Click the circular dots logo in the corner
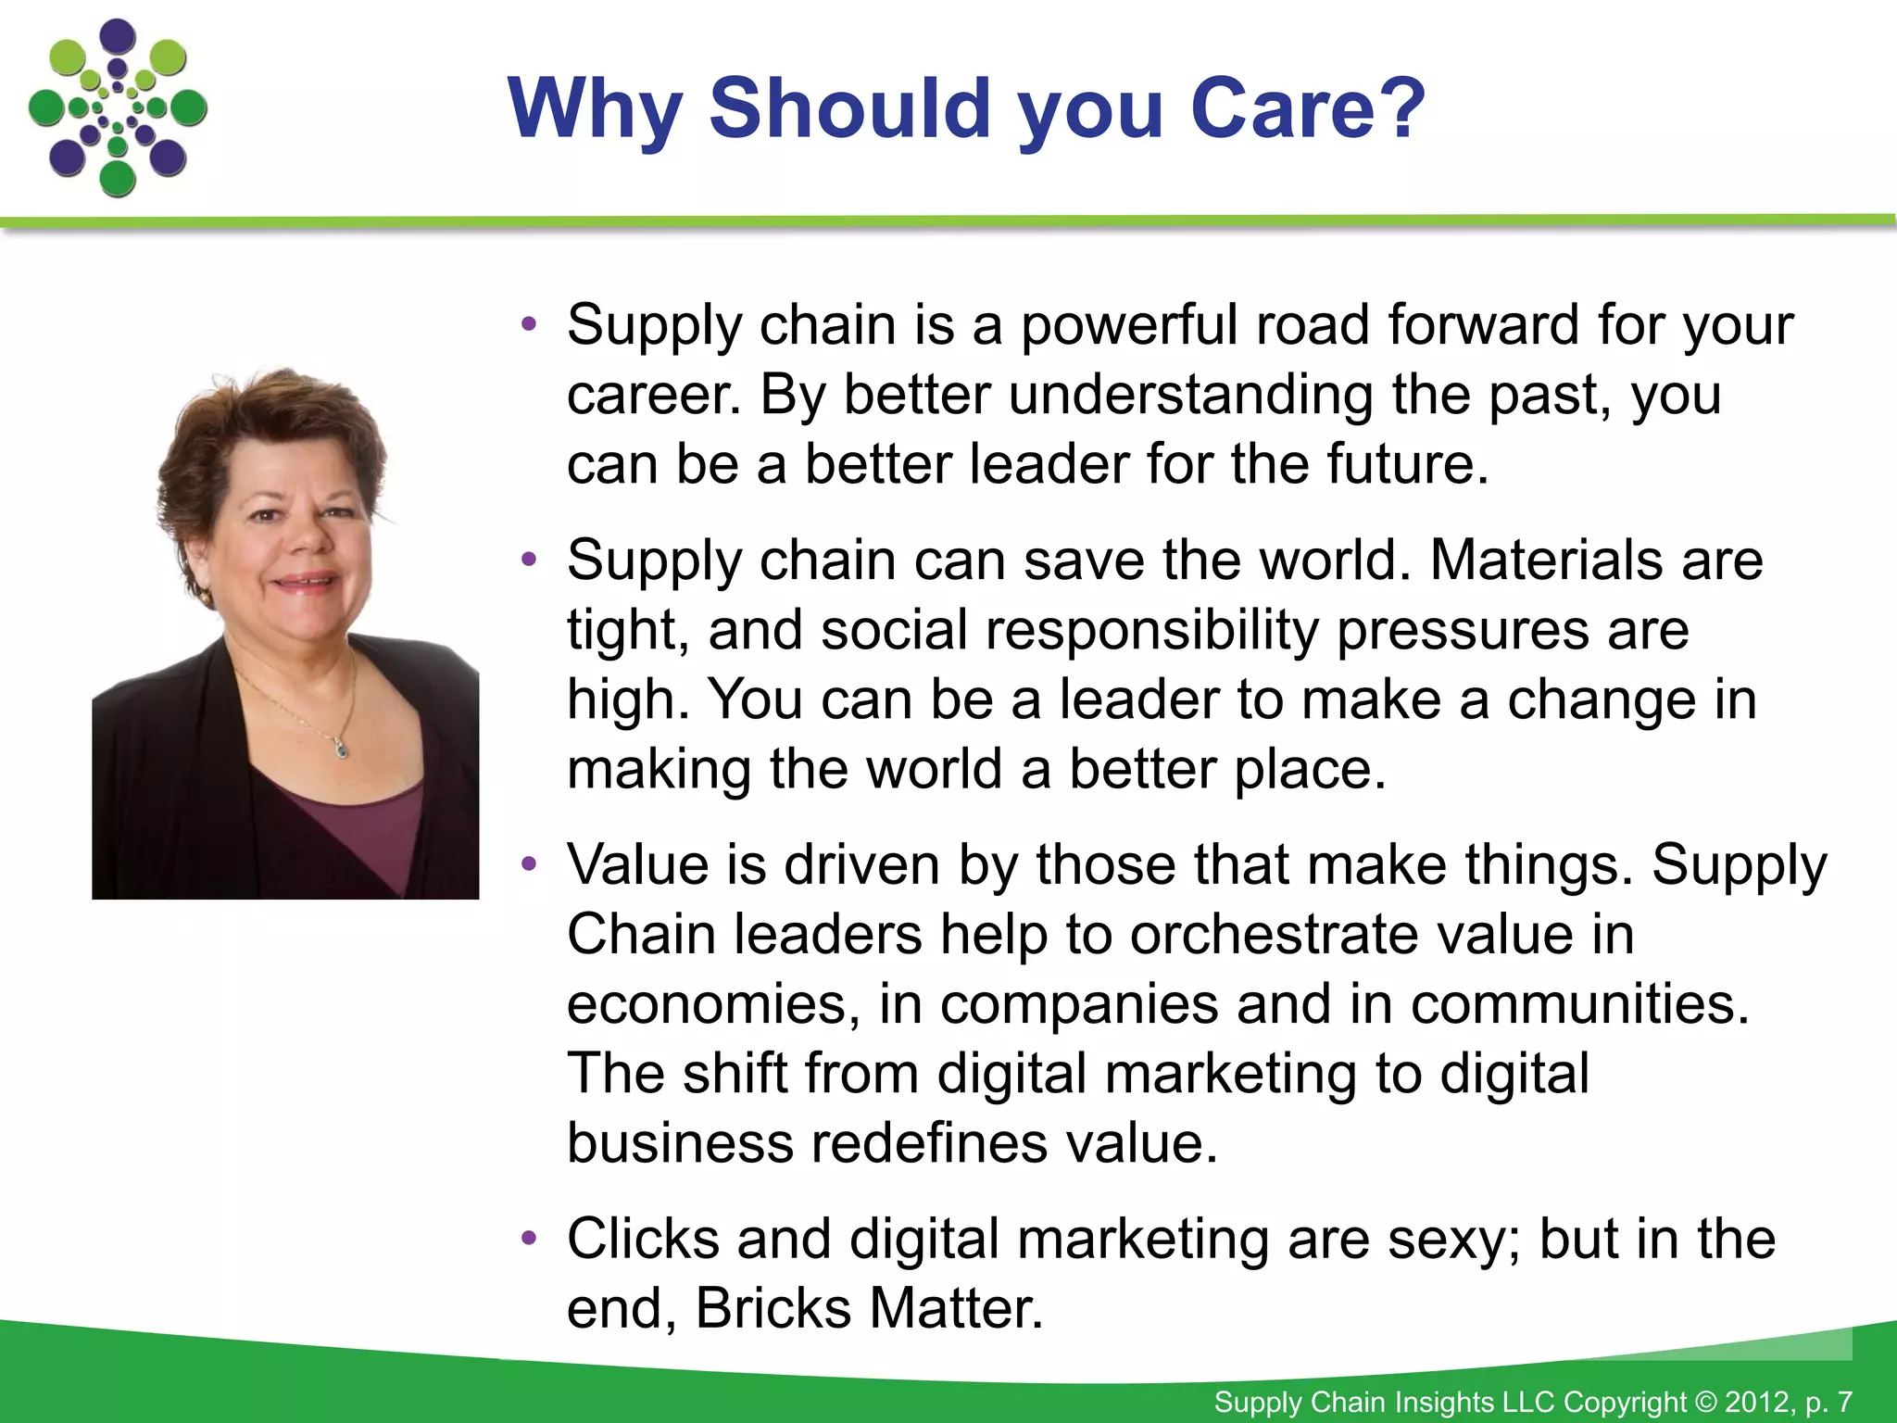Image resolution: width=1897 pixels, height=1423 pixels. coord(118,109)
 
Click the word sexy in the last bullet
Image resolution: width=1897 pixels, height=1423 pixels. coord(1451,1241)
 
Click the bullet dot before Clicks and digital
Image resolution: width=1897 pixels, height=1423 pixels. coord(529,1239)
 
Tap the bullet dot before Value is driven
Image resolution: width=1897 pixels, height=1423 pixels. coord(529,864)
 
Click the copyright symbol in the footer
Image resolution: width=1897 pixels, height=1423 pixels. coord(1706,1402)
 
